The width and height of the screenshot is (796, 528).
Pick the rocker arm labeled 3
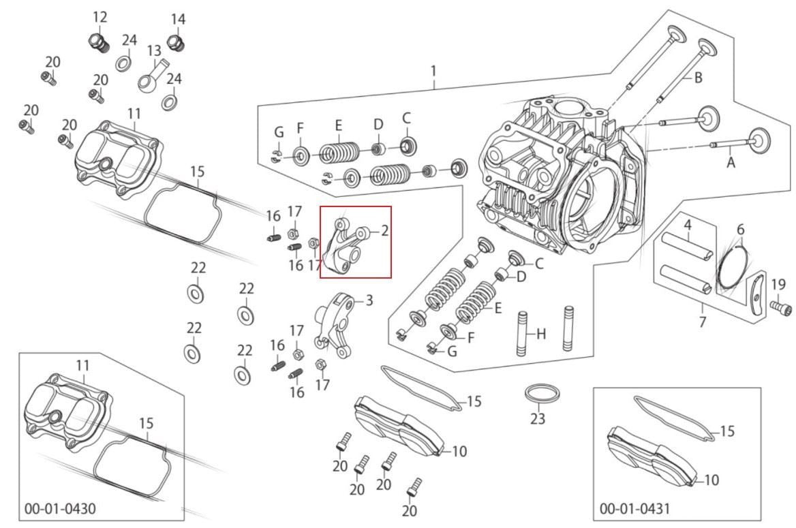(334, 323)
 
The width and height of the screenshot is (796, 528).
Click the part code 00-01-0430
(60, 508)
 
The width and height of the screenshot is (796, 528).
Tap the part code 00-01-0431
(634, 508)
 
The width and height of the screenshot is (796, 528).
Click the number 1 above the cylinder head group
(433, 71)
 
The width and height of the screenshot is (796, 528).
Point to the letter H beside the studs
(541, 334)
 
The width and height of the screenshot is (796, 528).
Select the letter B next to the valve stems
(698, 78)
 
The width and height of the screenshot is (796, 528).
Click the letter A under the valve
(731, 162)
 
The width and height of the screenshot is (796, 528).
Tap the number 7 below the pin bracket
(702, 322)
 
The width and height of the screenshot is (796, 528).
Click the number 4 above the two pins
(688, 224)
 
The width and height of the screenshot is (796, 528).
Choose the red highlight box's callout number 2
(384, 230)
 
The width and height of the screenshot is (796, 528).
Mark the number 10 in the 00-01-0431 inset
(711, 480)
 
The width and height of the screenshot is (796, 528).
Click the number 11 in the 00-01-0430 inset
(82, 365)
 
